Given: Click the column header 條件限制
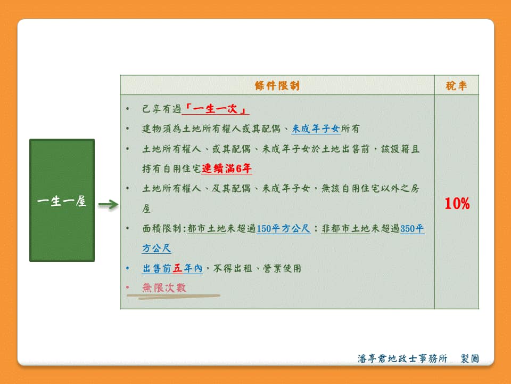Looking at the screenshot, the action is (x=277, y=85).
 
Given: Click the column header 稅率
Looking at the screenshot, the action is (x=456, y=85).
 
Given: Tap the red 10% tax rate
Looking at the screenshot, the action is (x=457, y=203).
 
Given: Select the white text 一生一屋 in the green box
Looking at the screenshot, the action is (x=62, y=201).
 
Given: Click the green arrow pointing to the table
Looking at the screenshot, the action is (x=108, y=205).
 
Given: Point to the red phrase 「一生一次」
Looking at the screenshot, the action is (x=216, y=109).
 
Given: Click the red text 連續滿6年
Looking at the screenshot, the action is (x=227, y=169).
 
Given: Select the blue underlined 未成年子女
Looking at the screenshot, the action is (x=316, y=129).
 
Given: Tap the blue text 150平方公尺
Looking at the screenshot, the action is (x=283, y=228).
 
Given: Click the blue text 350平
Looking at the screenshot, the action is (x=412, y=228).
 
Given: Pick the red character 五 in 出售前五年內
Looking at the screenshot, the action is (x=178, y=268).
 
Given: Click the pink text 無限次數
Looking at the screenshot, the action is (x=164, y=287).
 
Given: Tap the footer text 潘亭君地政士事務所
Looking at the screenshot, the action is (x=402, y=358).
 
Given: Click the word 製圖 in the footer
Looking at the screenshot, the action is (x=470, y=358).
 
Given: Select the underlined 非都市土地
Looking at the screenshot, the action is (x=346, y=228).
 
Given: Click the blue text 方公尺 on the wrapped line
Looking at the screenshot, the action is (x=156, y=248).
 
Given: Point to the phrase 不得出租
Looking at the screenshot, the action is (x=233, y=268).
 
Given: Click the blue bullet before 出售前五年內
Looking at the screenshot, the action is (x=128, y=268).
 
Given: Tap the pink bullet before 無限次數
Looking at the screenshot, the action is (x=128, y=287).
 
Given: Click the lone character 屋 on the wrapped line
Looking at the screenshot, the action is (x=146, y=209).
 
